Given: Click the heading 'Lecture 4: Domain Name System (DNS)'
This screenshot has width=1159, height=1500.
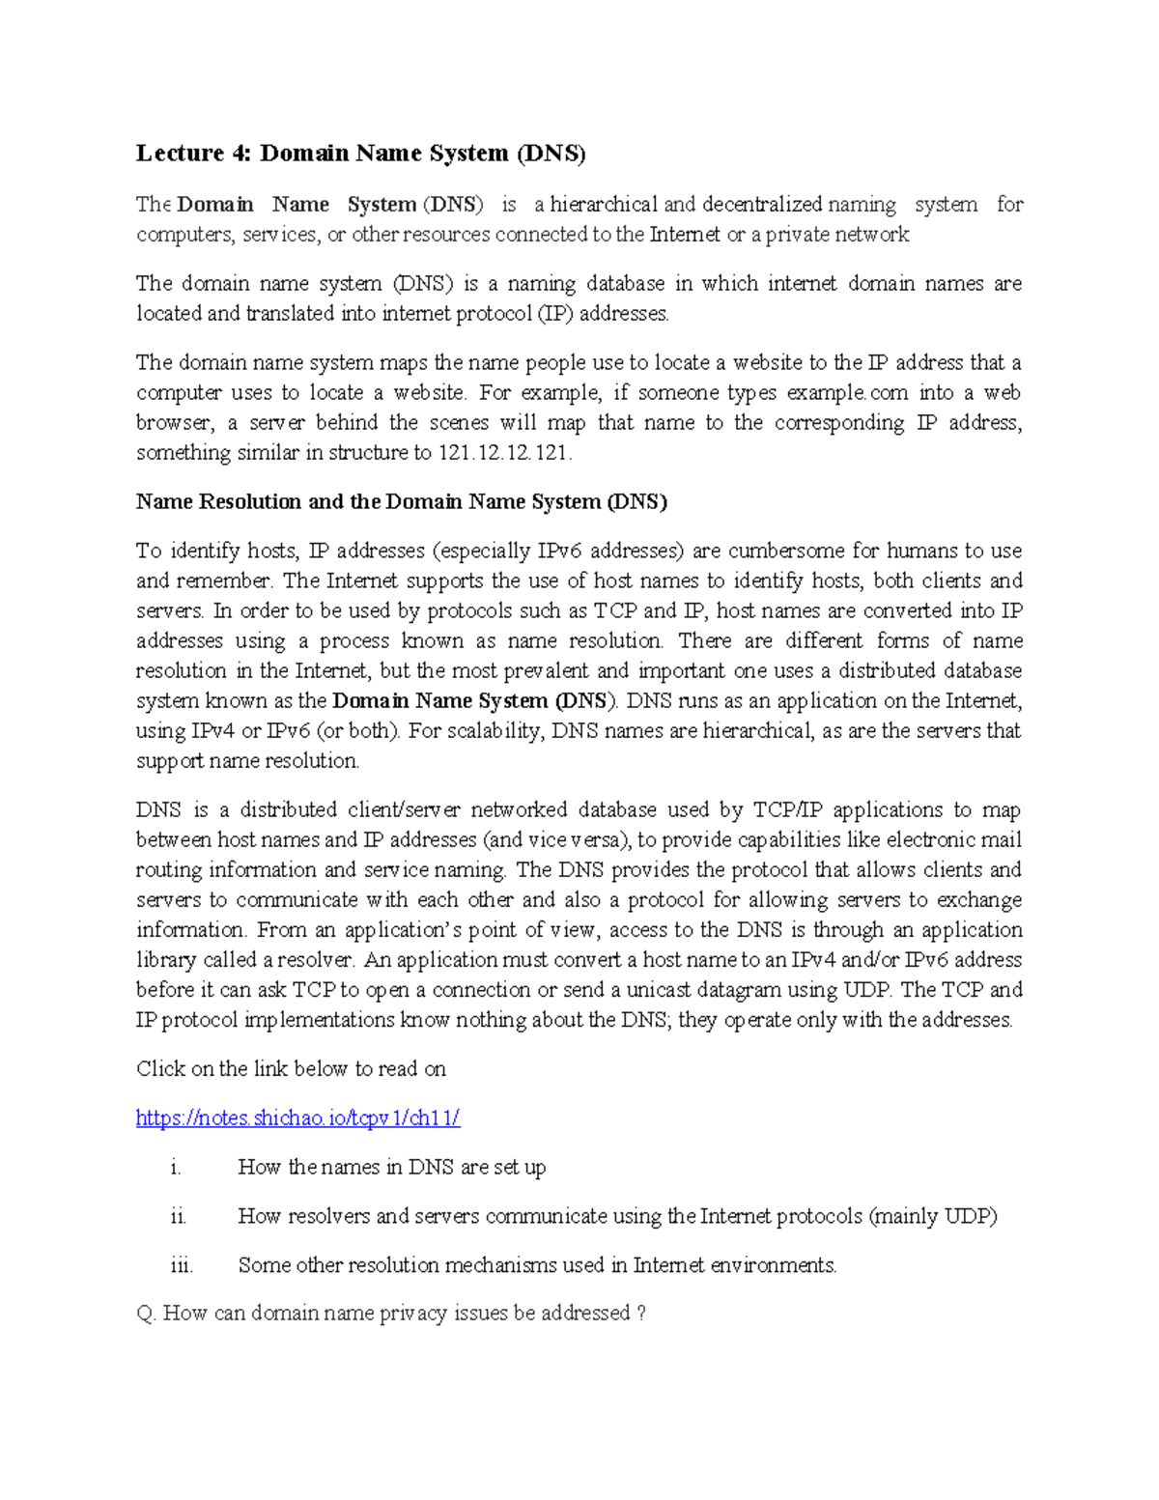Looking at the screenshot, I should coord(360,153).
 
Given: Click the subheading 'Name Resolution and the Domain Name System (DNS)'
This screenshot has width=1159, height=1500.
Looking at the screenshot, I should coord(401,501).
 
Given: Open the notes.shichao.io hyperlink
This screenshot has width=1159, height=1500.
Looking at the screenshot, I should coord(297,1118).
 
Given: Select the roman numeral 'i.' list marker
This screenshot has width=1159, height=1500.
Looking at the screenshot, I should coord(175,1168).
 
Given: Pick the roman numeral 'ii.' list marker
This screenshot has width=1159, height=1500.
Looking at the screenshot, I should coord(178,1217).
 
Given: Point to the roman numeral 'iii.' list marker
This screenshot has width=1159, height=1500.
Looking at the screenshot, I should coord(181,1265).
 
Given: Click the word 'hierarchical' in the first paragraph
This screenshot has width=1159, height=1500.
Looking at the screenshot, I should coord(604,205).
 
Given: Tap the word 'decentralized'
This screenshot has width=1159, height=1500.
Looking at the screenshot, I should coord(762,205).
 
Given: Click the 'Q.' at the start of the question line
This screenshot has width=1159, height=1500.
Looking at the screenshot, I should coord(146,1314).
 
